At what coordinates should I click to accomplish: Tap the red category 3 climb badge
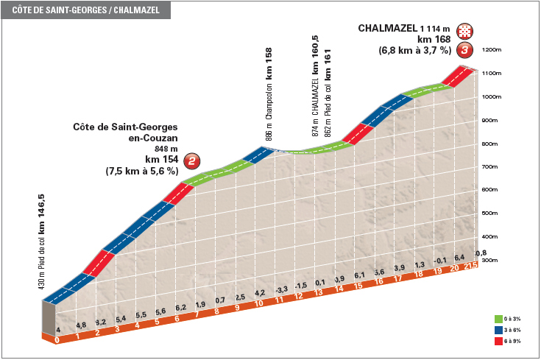464,50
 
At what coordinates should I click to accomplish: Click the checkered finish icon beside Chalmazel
464,31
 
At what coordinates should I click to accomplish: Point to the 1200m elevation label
491,50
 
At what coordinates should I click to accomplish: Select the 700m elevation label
491,167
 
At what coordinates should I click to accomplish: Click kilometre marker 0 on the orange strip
57,340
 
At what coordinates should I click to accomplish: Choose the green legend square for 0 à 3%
499,319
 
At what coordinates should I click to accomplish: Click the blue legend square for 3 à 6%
499,331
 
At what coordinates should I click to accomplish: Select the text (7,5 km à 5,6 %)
142,171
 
